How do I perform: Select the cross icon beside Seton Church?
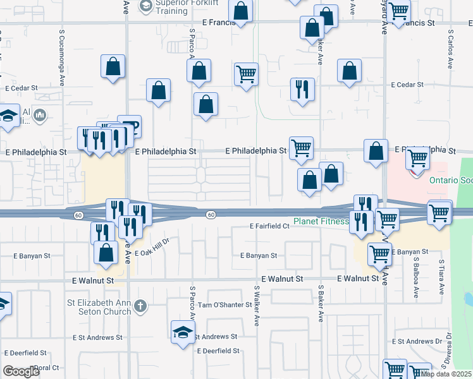tap(140, 308)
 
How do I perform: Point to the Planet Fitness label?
tap(321, 222)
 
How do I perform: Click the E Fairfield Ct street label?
tap(269, 226)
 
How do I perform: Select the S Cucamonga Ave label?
tap(62, 56)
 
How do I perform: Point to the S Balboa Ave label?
tap(416, 278)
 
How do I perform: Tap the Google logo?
tap(21, 371)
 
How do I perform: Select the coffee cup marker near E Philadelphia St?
tap(130, 127)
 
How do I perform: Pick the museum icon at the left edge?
tap(39, 115)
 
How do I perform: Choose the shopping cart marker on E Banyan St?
tap(379, 253)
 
